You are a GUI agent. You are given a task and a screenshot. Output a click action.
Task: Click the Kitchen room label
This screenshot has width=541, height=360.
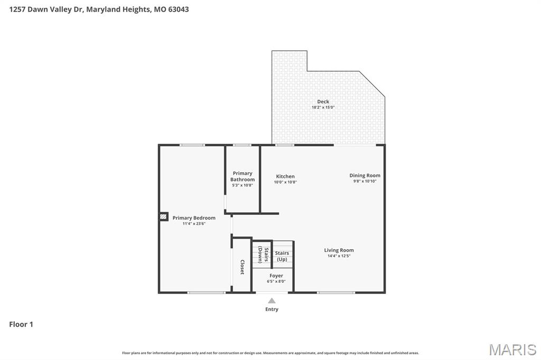pos(285,176)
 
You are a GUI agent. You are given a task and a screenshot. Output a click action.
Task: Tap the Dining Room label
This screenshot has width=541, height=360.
pos(365,175)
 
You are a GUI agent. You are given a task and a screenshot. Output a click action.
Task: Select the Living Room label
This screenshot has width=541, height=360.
pos(339,250)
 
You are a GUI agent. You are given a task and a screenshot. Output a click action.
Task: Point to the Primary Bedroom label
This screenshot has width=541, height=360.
pos(194,218)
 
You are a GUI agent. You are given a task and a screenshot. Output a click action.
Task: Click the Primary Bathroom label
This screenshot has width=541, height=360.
pos(242,176)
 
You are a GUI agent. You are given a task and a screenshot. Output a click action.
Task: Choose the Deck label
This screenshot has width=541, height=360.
pos(323,101)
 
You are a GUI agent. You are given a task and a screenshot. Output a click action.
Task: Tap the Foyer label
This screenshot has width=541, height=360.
pos(276,276)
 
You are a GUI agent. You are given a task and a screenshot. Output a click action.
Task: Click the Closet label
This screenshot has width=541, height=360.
pos(242,267)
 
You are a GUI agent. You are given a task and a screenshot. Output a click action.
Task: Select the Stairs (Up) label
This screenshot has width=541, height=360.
pos(282,256)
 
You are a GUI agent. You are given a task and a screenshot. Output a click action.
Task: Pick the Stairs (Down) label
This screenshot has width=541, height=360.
pos(263,255)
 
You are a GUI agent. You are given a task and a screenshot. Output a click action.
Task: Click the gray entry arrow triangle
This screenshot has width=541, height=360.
pos(272,301)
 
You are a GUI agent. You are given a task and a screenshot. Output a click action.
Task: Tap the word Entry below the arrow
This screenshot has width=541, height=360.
pos(272,309)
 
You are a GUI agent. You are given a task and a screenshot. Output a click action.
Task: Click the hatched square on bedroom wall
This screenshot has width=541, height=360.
pos(164,216)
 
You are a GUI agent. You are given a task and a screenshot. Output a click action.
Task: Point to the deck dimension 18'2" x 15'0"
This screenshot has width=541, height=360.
pos(323,107)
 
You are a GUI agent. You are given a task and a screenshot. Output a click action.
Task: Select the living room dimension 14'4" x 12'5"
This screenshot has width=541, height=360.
pos(339,256)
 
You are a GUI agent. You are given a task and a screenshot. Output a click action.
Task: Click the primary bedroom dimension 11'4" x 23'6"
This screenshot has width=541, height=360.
pos(194,223)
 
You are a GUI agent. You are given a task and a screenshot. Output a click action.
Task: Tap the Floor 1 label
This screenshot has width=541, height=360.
pos(21,324)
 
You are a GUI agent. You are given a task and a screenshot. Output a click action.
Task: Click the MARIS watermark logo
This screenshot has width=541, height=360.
pos(512,349)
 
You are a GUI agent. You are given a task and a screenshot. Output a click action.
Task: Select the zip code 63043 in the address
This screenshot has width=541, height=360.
pos(179,10)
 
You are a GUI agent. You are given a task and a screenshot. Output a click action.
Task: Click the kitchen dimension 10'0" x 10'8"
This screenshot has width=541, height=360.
pos(285,182)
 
